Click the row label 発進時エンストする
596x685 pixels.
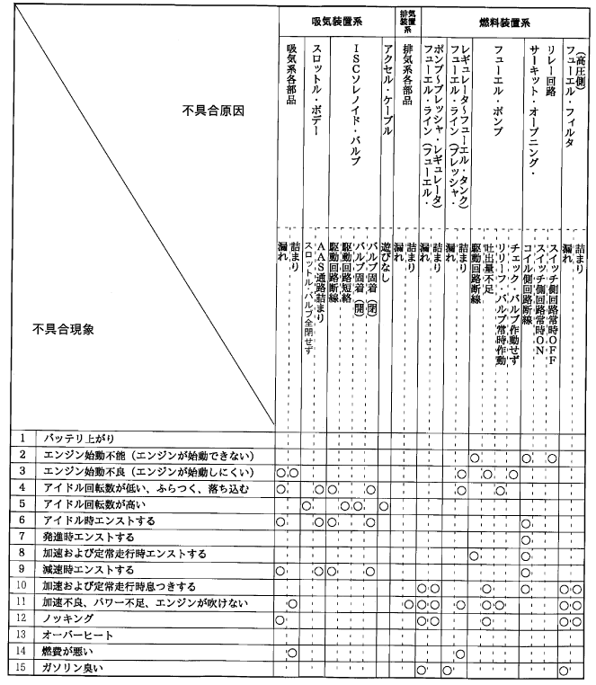[x=85, y=536]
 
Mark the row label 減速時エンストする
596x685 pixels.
[x=85, y=569]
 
